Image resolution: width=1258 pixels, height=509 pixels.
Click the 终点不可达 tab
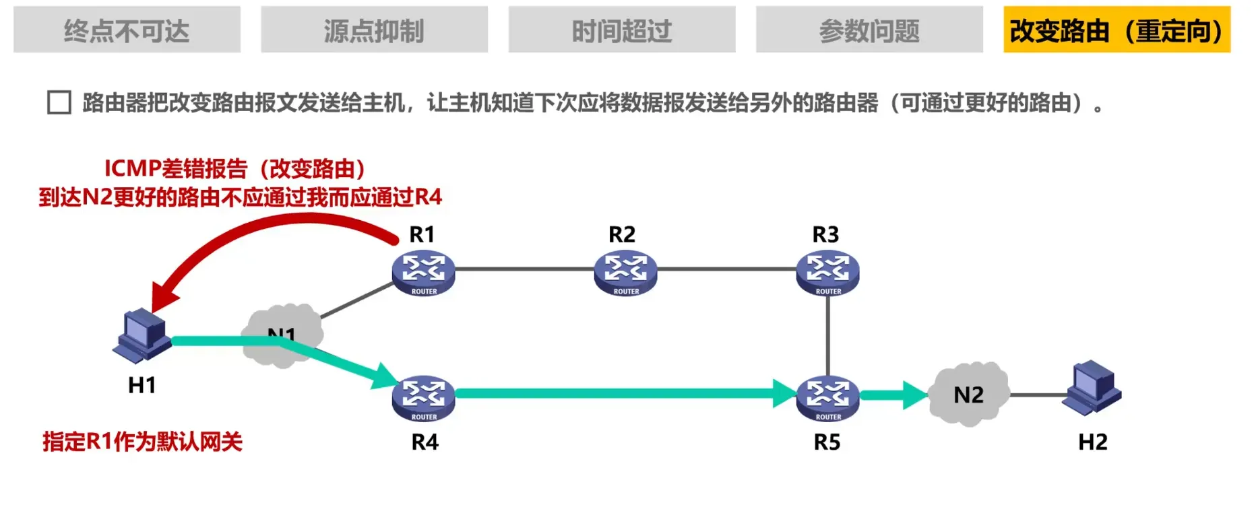127,30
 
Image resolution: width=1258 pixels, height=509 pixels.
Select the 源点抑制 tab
374,30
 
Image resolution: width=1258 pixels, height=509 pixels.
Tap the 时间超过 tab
621,30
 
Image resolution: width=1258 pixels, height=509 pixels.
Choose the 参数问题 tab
869,30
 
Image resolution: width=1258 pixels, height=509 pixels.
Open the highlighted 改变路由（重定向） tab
1117,30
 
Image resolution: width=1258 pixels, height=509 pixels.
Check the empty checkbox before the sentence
59,103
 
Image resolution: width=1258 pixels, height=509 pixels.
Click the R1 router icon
423,272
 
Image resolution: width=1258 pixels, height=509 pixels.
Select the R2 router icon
625,272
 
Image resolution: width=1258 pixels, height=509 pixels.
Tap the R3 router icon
827,272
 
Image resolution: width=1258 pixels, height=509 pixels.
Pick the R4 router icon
423,397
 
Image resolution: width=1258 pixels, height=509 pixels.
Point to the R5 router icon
827,397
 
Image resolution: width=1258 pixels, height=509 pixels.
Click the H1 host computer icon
141,337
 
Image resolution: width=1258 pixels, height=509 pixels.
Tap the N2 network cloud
968,395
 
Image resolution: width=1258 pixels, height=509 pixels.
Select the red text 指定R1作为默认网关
142,442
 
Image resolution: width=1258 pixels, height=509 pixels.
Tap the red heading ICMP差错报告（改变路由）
234,168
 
